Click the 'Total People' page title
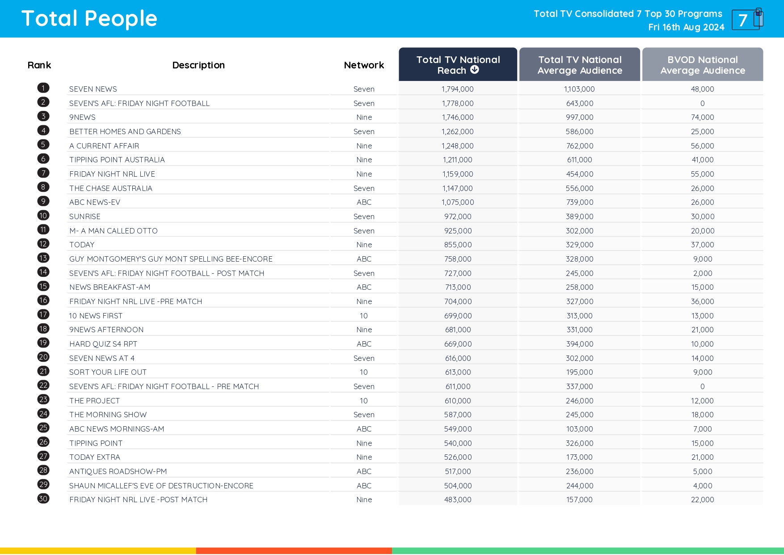pos(89,19)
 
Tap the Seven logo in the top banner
pos(747,19)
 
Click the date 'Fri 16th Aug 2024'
pos(686,27)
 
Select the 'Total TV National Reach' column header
pos(458,64)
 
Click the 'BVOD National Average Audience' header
pos(702,65)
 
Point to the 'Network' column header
pos(364,65)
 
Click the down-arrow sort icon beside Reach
pos(475,70)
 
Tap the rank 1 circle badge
pos(43,88)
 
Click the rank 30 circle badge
pos(43,499)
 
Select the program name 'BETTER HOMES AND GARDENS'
pos(125,131)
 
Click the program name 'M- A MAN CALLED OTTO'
pos(114,231)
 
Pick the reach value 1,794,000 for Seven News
pos(458,89)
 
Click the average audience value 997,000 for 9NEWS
pos(580,117)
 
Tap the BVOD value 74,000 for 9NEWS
pos(702,117)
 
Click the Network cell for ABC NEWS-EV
pos(364,202)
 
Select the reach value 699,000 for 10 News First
pos(458,316)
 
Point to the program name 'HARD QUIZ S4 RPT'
pos(103,344)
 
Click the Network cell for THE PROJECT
pos(364,401)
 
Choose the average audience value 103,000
pos(580,429)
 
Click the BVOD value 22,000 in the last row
pos(702,500)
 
